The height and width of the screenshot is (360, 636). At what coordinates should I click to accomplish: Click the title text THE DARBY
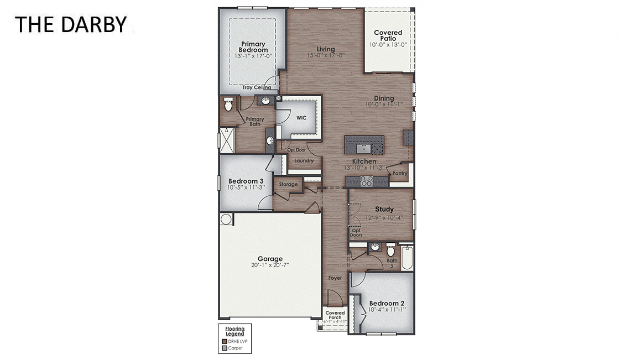(70, 24)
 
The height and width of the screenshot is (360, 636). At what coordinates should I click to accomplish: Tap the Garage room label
(270, 258)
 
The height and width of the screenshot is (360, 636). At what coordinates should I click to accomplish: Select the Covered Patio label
(388, 35)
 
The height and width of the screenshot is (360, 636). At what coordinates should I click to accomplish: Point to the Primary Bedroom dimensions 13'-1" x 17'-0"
(253, 56)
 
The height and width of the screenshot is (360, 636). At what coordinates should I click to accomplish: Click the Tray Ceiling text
(257, 87)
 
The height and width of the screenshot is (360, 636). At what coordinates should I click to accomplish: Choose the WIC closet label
(301, 118)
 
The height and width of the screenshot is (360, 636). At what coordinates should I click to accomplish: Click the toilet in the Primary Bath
(228, 104)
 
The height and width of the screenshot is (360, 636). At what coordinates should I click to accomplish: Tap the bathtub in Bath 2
(407, 258)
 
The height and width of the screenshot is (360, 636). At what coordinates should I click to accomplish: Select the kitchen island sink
(364, 148)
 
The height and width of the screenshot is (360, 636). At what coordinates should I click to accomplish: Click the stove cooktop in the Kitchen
(366, 180)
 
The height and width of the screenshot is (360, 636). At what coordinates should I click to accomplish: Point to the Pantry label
(399, 173)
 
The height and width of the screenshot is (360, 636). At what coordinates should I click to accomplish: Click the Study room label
(384, 209)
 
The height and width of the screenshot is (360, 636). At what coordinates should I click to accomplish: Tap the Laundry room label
(304, 161)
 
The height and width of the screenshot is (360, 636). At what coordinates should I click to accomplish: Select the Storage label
(288, 184)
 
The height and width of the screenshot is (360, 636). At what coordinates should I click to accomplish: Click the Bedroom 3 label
(246, 181)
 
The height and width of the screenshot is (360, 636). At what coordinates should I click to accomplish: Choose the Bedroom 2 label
(387, 303)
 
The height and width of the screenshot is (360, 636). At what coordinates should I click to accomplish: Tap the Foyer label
(335, 278)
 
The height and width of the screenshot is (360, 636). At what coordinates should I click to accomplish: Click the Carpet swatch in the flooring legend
(224, 348)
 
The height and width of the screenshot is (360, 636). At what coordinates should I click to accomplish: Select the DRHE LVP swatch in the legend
(224, 342)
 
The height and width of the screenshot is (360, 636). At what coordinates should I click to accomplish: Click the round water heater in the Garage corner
(226, 220)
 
